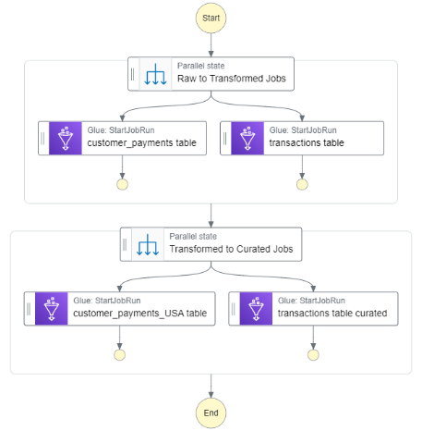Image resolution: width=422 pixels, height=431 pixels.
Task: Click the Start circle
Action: [x=211, y=18]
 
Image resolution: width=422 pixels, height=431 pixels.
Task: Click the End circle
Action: [x=211, y=413]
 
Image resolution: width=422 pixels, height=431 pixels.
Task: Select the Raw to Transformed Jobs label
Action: [x=232, y=79]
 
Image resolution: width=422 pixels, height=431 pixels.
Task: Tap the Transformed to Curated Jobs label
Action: [x=231, y=249]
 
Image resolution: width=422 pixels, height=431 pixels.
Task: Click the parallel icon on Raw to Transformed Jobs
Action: [x=155, y=74]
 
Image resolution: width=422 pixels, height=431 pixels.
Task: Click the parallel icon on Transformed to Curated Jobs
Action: [x=148, y=244]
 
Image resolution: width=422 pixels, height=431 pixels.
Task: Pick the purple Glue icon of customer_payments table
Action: [x=66, y=138]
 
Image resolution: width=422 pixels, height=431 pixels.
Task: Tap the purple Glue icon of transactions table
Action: [x=247, y=138]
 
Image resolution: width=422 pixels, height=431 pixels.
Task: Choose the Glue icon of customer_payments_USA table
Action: [x=52, y=309]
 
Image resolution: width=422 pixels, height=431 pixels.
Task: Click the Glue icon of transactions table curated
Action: [x=256, y=309]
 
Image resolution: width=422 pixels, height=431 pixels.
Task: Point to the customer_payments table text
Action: [x=141, y=143]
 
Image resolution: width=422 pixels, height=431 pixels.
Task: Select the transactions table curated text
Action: [x=332, y=314]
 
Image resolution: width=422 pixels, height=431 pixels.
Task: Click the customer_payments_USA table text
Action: [x=140, y=314]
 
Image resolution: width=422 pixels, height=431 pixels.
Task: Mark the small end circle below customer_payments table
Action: [x=122, y=184]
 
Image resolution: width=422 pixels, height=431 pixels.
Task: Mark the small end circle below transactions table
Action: [x=302, y=184]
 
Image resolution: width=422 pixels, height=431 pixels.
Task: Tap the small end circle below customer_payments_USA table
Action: [x=119, y=355]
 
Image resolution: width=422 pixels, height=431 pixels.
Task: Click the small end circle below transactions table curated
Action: [x=313, y=355]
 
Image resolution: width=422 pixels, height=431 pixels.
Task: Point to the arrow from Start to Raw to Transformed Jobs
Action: [x=211, y=45]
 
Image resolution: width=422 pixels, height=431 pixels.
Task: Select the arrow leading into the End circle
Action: [x=211, y=386]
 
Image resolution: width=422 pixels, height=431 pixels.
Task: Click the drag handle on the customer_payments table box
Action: [x=42, y=138]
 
